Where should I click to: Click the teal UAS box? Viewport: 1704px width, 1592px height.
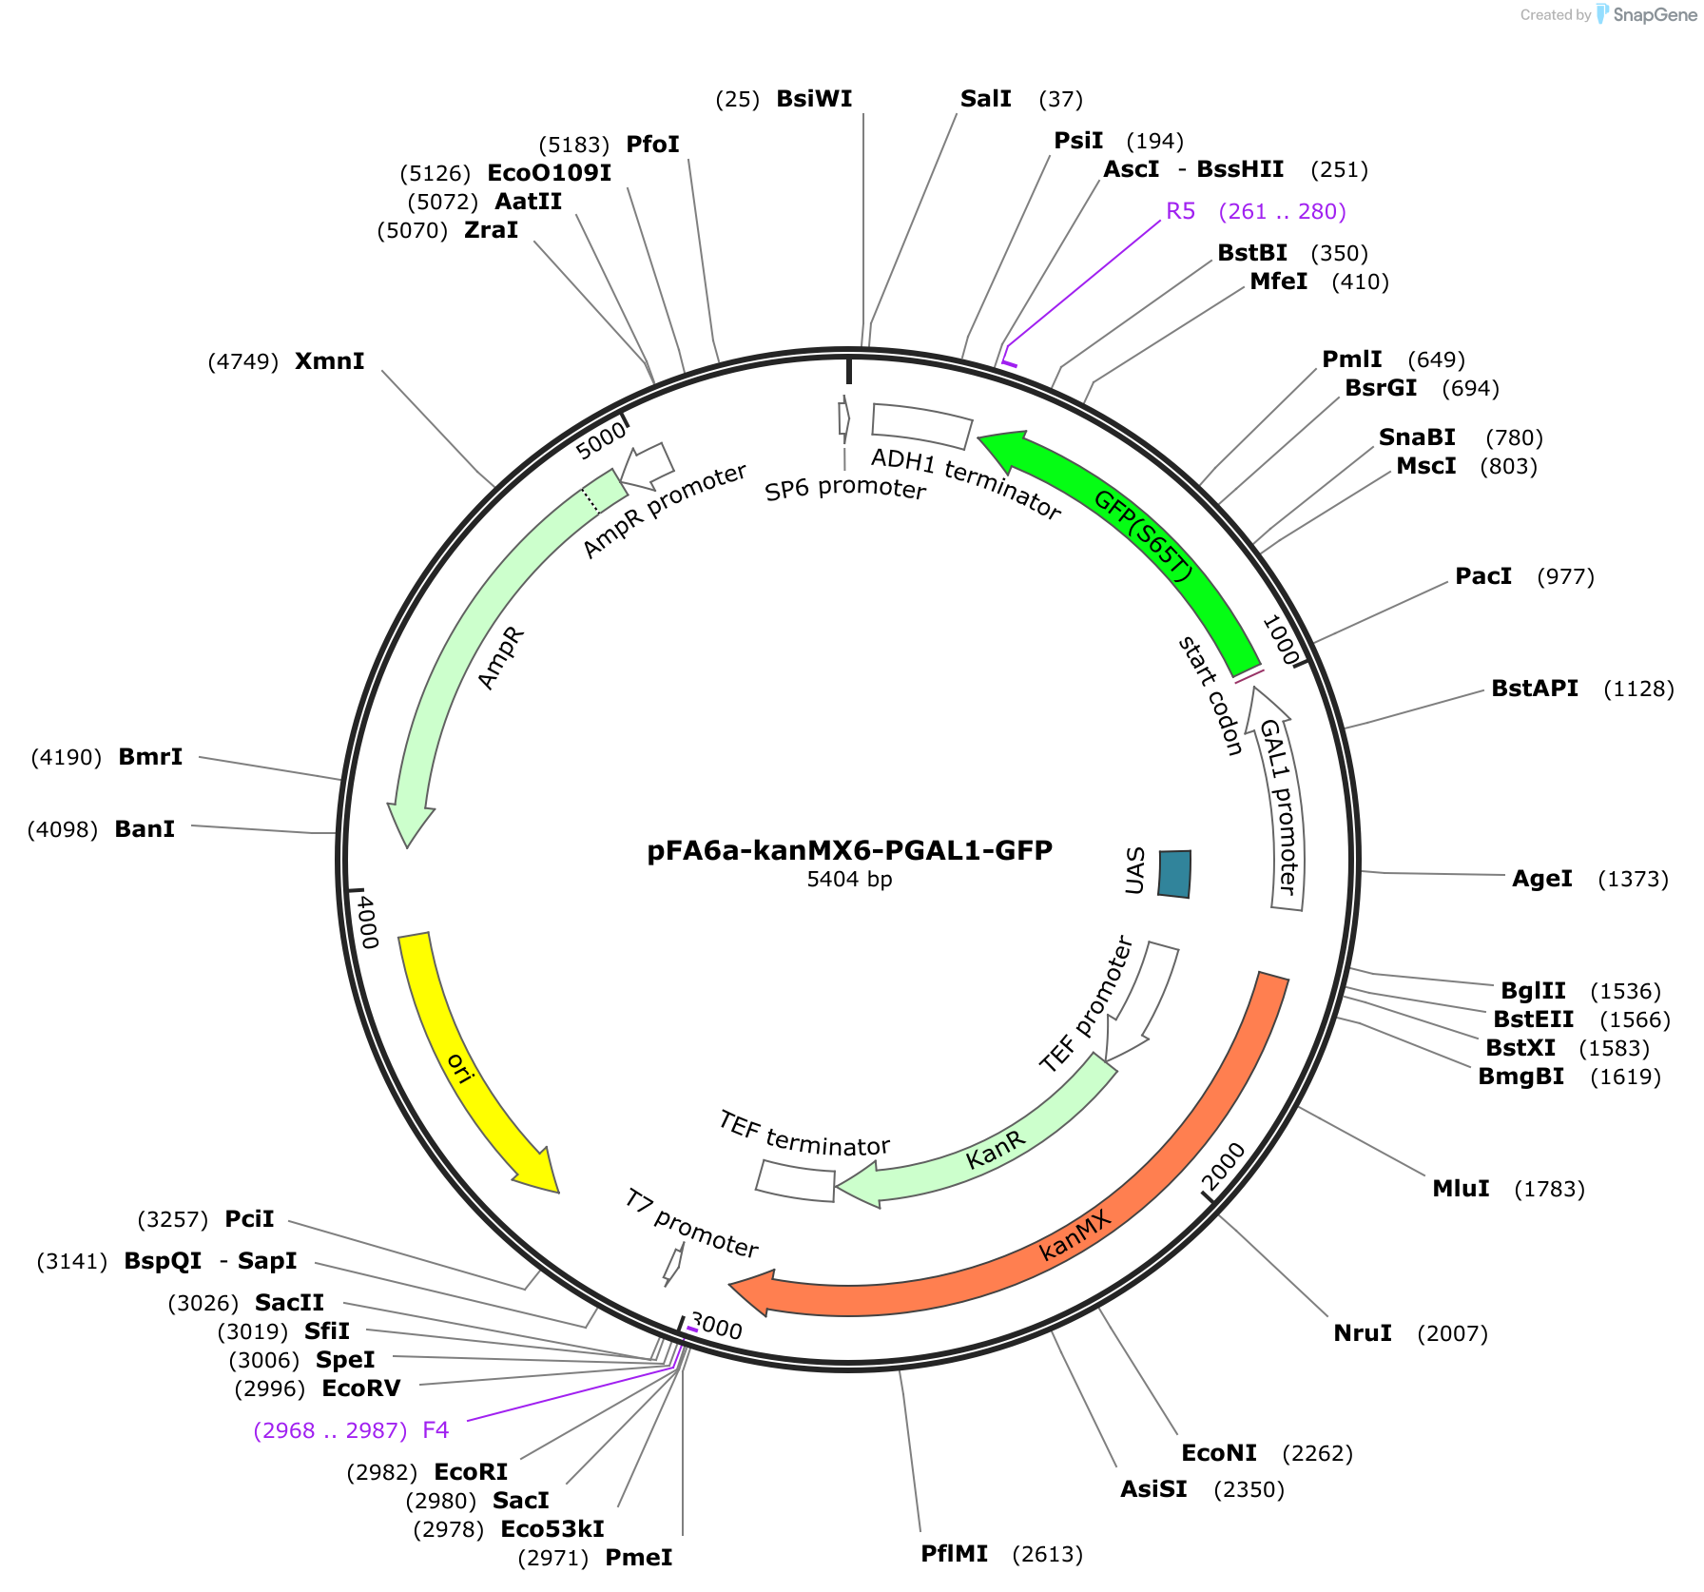1174,874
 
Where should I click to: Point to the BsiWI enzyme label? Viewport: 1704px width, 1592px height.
814,99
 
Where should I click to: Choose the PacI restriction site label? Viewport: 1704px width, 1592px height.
1483,576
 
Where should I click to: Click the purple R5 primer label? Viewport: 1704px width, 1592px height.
1180,211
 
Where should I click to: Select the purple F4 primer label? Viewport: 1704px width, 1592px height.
436,1430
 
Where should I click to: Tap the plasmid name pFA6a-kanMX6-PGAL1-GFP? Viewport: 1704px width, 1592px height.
849,850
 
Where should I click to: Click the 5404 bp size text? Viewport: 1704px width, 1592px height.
849,880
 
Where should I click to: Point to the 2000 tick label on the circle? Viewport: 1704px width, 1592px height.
1223,1168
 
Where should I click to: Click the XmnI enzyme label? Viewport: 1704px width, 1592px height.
329,361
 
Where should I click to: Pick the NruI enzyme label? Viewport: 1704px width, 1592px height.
1363,1333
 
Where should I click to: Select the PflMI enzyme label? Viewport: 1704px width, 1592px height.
954,1554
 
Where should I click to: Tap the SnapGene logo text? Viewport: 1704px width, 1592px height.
1654,14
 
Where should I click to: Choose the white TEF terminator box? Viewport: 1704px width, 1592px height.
795,1180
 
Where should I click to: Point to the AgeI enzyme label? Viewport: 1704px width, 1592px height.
1542,879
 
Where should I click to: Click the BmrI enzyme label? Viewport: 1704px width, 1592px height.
150,757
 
